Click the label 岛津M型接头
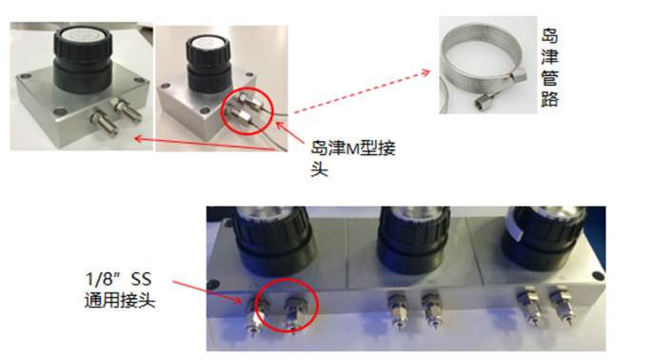coord(353,158)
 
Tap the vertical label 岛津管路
coord(549,68)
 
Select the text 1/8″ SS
coord(119,279)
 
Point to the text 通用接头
coord(120,300)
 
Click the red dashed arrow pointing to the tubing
coord(362,91)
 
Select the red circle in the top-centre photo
coord(247,110)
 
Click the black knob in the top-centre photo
coord(208,63)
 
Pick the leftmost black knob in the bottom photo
coord(270,239)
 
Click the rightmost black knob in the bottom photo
coord(544,235)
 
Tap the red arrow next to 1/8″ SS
coord(207,291)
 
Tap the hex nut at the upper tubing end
coord(519,75)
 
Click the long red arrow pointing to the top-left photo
coord(205,144)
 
